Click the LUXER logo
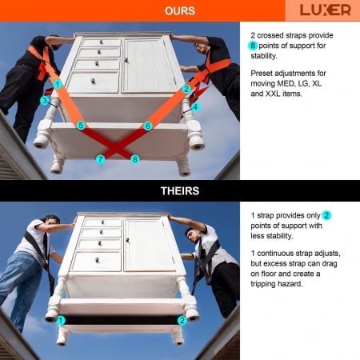tap(325, 10)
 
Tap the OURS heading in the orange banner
tap(180, 11)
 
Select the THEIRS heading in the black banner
tap(180, 191)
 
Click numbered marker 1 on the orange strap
tap(58, 85)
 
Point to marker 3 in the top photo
tap(45, 101)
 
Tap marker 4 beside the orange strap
tap(195, 107)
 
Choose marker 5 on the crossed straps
tap(81, 126)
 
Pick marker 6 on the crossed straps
tap(148, 126)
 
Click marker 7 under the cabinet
tap(100, 159)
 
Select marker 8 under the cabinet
tap(135, 159)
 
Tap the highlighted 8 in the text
tap(253, 46)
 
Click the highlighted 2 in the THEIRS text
tap(326, 215)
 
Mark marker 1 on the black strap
tap(61, 320)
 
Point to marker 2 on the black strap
tap(182, 320)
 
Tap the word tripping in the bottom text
tap(264, 284)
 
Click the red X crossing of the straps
tap(116, 146)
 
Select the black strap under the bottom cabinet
tap(122, 320)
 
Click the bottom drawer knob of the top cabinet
tap(93, 81)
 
